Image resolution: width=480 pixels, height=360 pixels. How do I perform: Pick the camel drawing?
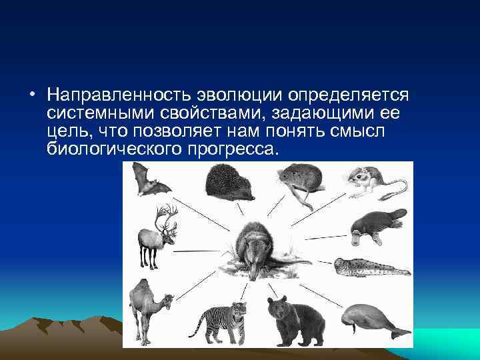click(x=149, y=310)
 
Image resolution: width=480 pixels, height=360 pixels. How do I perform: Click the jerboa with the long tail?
click(x=370, y=181)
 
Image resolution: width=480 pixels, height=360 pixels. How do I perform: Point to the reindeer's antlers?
click(x=165, y=217)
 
